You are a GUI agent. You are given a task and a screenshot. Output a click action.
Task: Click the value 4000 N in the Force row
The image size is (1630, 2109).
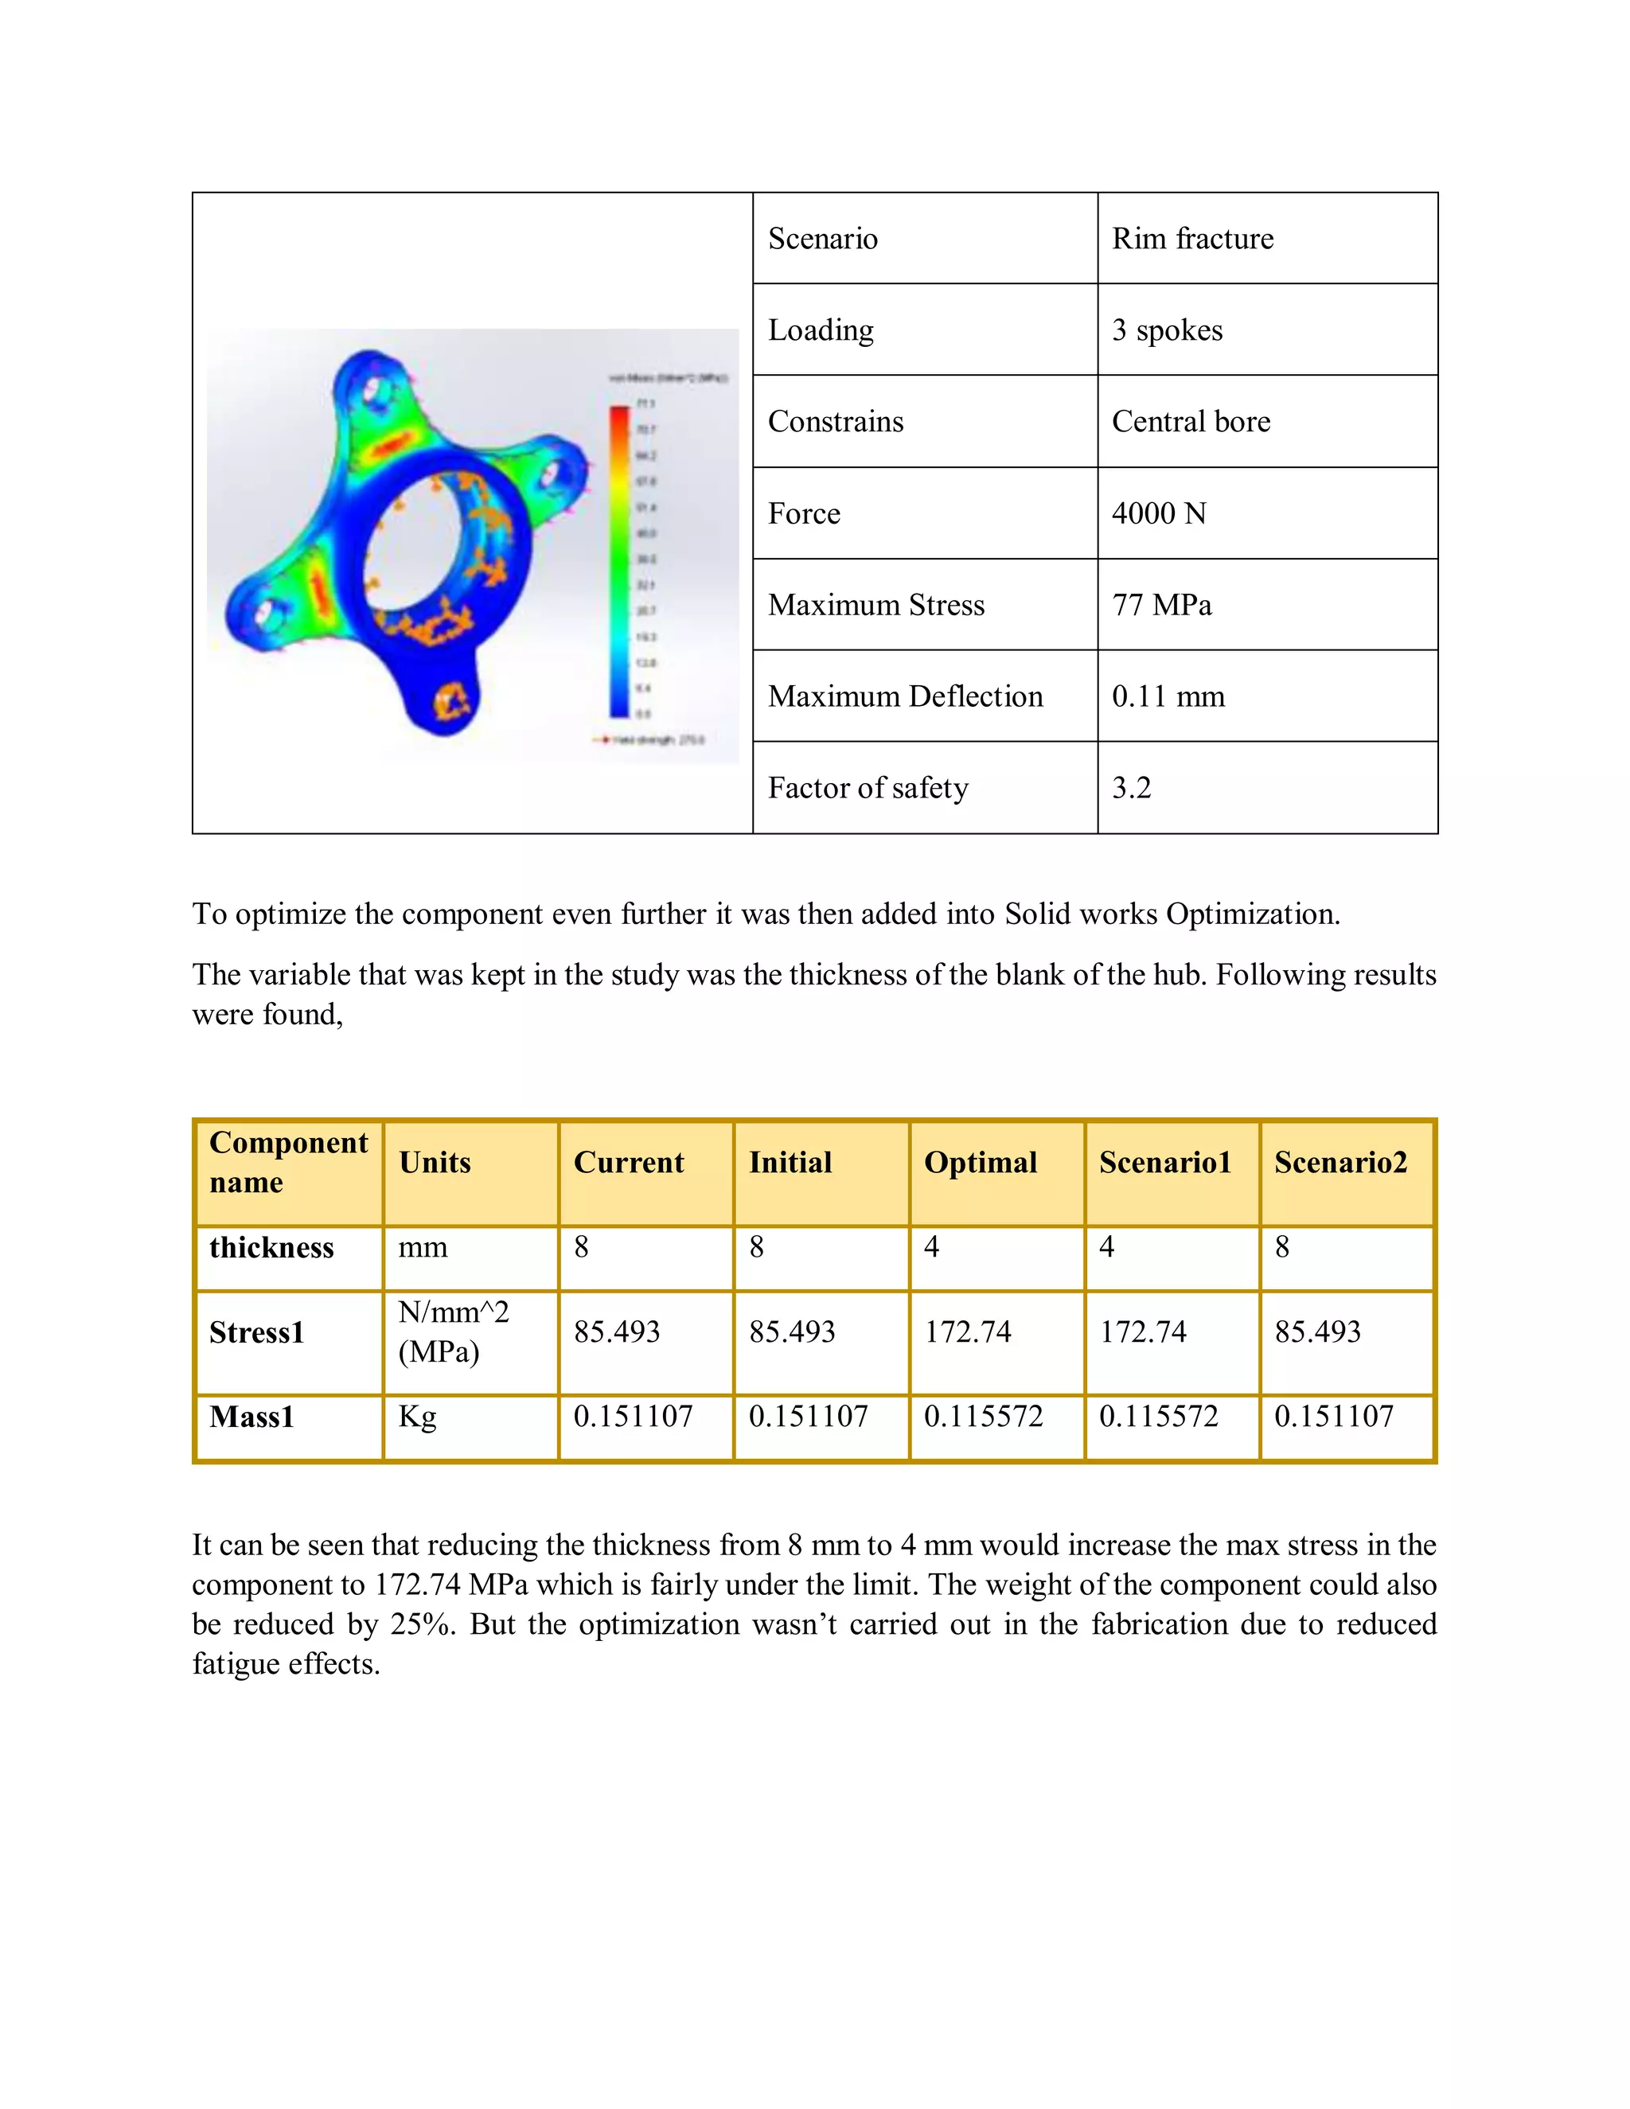coord(1159,513)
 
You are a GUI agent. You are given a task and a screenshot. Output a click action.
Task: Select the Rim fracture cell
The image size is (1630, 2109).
coord(1192,239)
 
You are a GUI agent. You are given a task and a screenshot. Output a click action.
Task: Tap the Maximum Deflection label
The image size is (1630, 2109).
coord(905,696)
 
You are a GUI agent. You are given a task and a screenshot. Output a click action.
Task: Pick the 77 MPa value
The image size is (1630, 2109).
coord(1162,605)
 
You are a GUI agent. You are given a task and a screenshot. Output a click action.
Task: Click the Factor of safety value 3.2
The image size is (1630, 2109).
coord(1131,788)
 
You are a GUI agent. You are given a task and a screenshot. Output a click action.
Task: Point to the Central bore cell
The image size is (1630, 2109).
coord(1191,421)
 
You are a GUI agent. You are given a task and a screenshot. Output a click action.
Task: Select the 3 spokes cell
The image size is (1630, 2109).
coord(1167,330)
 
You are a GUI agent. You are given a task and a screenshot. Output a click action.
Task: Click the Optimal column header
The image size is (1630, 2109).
coord(980,1162)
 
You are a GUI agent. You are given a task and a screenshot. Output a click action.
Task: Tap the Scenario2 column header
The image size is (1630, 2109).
coord(1340,1162)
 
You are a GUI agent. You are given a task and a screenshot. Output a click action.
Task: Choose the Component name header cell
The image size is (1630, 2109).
coord(288,1162)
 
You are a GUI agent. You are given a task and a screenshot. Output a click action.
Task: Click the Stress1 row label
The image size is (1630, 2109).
coord(257,1332)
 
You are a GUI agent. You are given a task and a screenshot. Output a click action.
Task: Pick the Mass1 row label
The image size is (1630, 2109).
coord(251,1417)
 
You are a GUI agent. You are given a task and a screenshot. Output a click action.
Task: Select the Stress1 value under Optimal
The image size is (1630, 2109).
coord(968,1332)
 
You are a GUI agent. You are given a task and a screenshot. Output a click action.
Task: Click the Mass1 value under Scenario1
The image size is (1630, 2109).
coord(1159,1417)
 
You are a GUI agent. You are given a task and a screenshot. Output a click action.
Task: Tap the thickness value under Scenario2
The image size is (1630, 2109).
coord(1281,1248)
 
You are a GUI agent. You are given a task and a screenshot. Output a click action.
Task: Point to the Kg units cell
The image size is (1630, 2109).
coord(417,1417)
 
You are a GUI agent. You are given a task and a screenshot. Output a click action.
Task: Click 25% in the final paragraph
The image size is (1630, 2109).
coord(422,1625)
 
